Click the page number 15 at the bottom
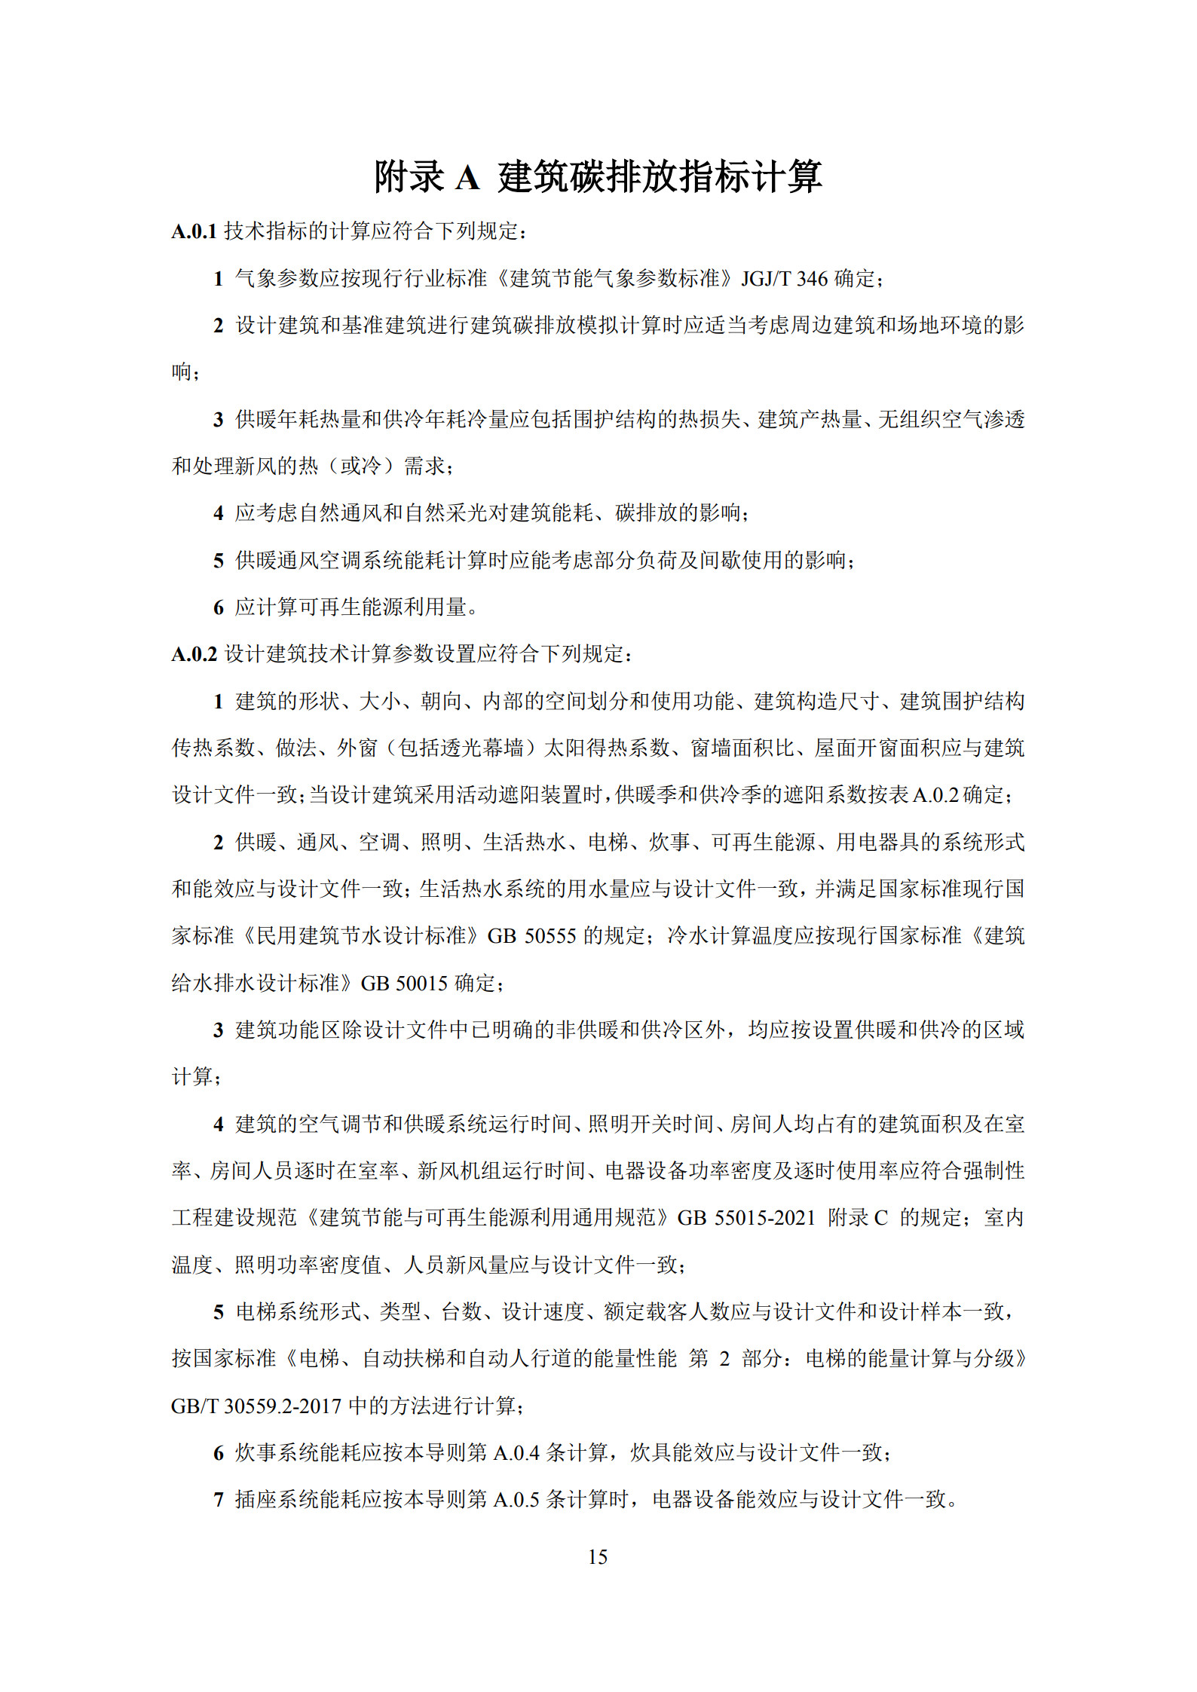tap(598, 1557)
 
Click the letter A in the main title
tap(467, 178)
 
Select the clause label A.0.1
tap(194, 231)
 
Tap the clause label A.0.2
tap(194, 654)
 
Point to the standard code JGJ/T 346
tap(784, 279)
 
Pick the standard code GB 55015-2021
tap(746, 1218)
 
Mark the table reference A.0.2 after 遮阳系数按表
tap(935, 795)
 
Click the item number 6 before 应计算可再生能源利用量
tap(219, 607)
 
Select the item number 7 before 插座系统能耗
tap(219, 1500)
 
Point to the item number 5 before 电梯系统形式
tap(219, 1312)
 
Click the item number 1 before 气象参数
tap(219, 279)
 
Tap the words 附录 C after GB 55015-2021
tap(858, 1218)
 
